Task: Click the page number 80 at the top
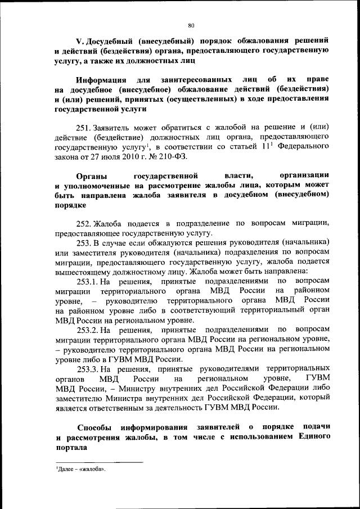[x=191, y=25]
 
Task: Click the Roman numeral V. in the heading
[x=80, y=42]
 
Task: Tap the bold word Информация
[x=102, y=80]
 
